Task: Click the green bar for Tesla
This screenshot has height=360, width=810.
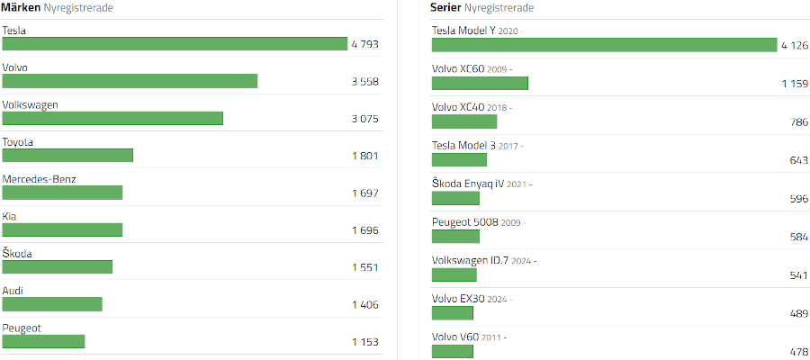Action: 175,44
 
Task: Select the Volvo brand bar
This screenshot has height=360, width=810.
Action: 130,81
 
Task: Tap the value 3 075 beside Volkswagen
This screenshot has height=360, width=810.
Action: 364,119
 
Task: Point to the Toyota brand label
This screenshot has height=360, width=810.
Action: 18,142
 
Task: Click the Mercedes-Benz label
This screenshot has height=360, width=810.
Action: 40,179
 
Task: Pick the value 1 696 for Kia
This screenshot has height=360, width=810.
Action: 365,230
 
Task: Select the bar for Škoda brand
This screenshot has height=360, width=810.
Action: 58,267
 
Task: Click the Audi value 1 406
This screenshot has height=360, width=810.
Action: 365,305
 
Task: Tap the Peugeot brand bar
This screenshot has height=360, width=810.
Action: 43,341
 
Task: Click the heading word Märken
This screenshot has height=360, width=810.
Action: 21,7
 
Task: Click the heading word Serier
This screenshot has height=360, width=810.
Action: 445,7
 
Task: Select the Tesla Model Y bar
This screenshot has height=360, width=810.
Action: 605,45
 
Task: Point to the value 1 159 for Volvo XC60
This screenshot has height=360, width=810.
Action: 795,84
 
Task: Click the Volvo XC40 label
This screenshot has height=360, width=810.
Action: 458,107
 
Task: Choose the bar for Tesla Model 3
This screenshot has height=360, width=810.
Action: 459,159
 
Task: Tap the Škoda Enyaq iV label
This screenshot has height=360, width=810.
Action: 467,184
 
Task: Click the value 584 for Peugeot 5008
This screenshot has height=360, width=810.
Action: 799,237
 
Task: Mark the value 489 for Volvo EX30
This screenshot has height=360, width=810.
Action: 799,313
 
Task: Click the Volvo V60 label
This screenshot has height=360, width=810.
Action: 455,337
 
